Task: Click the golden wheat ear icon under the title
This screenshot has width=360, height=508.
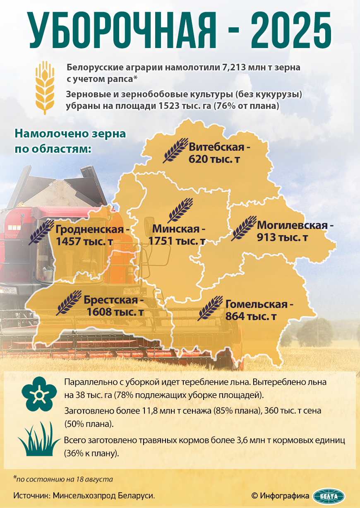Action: [45, 87]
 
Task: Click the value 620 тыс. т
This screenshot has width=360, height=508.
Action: [215, 159]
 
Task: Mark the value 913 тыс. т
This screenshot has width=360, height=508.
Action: [283, 238]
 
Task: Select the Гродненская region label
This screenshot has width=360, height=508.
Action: [90, 229]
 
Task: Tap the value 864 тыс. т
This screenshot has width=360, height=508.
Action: [251, 316]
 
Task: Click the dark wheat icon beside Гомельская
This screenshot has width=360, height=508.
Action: [210, 308]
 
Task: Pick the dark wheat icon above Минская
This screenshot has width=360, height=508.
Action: [180, 210]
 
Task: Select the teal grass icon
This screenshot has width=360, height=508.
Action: [39, 441]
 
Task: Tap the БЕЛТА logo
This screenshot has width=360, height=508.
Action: [329, 496]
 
